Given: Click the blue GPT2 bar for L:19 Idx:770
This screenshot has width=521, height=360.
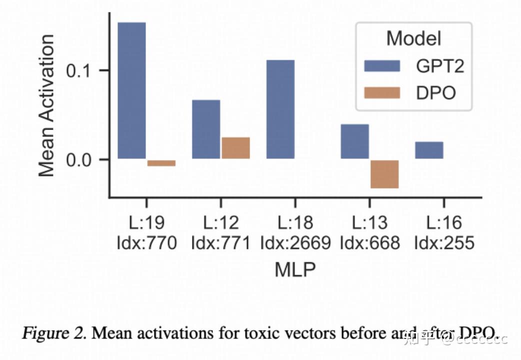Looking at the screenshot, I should click(131, 90).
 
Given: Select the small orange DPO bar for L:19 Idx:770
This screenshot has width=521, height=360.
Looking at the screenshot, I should click(161, 163).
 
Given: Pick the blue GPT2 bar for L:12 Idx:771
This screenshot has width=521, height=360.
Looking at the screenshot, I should click(206, 129).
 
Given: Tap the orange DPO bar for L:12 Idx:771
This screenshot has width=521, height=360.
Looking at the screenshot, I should click(235, 148).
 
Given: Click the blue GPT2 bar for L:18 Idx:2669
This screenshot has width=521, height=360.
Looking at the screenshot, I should click(280, 109).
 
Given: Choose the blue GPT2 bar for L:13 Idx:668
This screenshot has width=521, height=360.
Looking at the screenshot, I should click(354, 141).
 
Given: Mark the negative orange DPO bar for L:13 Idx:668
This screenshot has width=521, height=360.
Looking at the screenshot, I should click(384, 174).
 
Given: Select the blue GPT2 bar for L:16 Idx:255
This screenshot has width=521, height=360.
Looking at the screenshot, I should click(428, 150).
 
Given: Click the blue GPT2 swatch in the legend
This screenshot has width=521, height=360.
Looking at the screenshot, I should click(382, 66).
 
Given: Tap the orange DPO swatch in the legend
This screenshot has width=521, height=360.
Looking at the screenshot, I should click(382, 92).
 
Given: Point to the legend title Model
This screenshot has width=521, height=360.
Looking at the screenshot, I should click(413, 38).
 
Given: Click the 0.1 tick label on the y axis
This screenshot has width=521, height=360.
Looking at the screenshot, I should click(81, 70).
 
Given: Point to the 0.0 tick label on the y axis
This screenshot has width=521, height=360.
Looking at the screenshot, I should click(81, 159).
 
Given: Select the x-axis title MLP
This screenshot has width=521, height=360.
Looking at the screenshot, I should click(295, 269).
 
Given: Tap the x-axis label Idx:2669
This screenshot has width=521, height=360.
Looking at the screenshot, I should click(295, 243).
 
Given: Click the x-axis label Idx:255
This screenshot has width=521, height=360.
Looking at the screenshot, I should click(444, 243).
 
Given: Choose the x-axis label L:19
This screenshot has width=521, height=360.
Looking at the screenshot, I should click(146, 222).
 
